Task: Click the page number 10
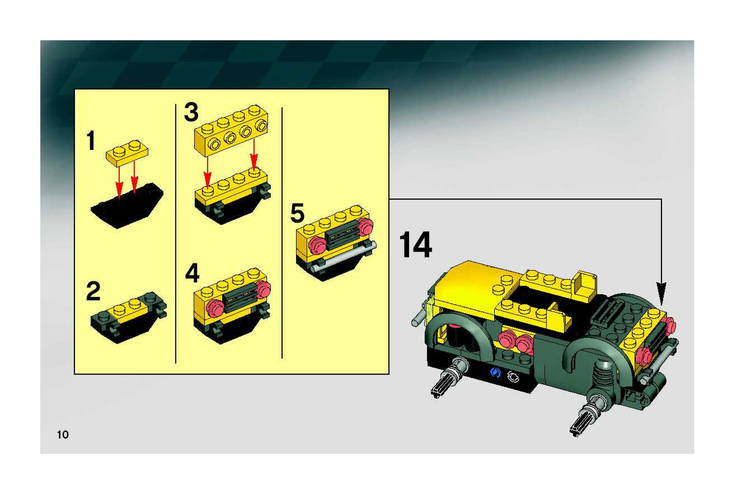[63, 435]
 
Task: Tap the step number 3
[191, 112]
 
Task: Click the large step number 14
[416, 245]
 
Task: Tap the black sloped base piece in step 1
[127, 206]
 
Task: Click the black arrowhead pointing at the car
[661, 294]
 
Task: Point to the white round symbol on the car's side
[512, 377]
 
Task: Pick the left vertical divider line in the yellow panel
[175, 234]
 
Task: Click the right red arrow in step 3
[254, 155]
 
